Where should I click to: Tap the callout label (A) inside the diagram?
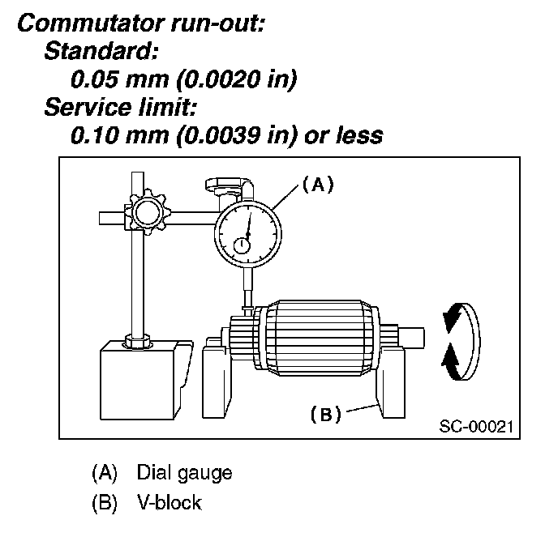click(x=318, y=184)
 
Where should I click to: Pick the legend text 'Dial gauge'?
click(x=184, y=472)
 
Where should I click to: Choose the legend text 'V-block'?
click(x=169, y=502)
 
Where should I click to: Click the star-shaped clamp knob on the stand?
click(x=147, y=212)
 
